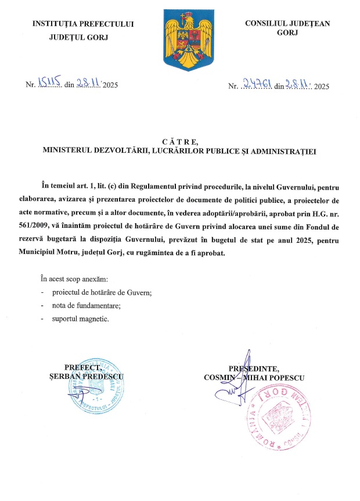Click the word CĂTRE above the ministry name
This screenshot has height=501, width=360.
pyautogui.click(x=181, y=141)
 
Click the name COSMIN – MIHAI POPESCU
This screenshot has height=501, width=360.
pyautogui.click(x=254, y=377)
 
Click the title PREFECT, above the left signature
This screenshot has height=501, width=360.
pyautogui.click(x=85, y=367)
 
